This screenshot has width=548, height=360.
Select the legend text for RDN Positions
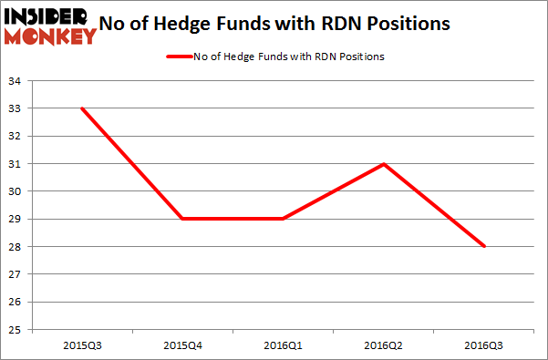coord(291,57)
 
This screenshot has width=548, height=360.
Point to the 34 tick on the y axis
coord(17,80)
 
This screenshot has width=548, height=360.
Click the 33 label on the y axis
coord(17,108)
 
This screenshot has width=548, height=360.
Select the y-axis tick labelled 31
coord(17,164)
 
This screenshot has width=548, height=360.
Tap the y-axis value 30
coord(17,191)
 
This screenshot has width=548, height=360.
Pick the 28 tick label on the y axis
coord(17,247)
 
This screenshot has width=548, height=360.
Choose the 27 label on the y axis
coord(17,274)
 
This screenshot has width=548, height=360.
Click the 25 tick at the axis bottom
coord(17,330)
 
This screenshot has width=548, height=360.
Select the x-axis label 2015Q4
coord(181,345)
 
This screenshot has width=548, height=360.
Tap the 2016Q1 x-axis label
coord(283,345)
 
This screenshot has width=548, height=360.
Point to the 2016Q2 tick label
coord(384,345)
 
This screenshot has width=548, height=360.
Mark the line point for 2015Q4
coord(181,219)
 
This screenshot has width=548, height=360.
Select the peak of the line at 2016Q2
coord(384,164)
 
